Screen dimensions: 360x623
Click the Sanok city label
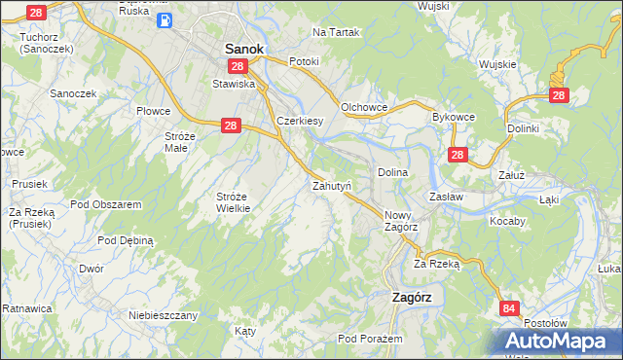coord(245,47)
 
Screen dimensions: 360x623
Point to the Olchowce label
coord(365,106)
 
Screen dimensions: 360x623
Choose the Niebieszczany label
coord(164,315)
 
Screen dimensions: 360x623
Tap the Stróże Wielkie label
coord(234,201)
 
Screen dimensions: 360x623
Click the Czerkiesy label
coord(300,121)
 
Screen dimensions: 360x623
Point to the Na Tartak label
coord(336,32)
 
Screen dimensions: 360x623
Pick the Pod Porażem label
coord(370,338)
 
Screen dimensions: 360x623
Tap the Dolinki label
coord(523,127)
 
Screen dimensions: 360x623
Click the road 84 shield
coord(509,308)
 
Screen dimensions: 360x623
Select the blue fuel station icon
coord(166,18)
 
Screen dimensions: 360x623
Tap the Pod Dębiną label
coord(127,239)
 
